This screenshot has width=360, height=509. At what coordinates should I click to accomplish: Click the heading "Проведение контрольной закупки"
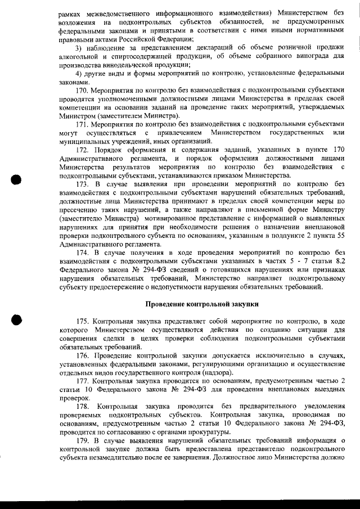(202, 304)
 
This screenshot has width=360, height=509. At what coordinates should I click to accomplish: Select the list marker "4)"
(79, 73)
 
